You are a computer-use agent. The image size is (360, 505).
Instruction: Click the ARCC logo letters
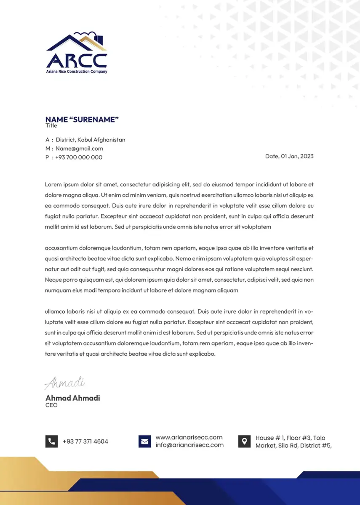pyautogui.click(x=76, y=60)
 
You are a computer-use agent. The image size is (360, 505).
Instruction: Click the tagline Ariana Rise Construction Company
pyautogui.click(x=76, y=72)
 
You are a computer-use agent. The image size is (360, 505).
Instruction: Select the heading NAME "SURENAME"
pyautogui.click(x=82, y=120)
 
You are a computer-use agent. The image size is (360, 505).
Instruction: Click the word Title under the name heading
pyautogui.click(x=51, y=125)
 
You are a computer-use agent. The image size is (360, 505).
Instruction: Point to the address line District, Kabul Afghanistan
pyautogui.click(x=90, y=140)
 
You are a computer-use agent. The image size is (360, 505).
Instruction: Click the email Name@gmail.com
pyautogui.click(x=79, y=149)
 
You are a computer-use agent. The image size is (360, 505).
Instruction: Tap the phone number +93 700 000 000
pyautogui.click(x=79, y=157)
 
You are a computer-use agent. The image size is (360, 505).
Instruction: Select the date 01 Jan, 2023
pyautogui.click(x=297, y=156)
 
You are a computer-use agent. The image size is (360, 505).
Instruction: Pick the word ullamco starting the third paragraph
pyautogui.click(x=55, y=312)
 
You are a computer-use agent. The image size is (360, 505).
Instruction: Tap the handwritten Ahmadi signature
pyautogui.click(x=65, y=383)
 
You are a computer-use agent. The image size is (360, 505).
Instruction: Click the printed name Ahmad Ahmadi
pyautogui.click(x=72, y=398)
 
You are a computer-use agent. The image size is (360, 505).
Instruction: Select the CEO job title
pyautogui.click(x=51, y=405)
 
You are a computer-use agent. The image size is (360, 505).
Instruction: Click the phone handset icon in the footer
pyautogui.click(x=51, y=441)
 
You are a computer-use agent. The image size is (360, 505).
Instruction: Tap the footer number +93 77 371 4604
pyautogui.click(x=85, y=441)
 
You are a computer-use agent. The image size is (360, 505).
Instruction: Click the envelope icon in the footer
pyautogui.click(x=144, y=441)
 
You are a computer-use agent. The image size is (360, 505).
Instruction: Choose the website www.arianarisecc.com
pyautogui.click(x=189, y=437)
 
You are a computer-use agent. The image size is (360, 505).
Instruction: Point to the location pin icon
pyautogui.click(x=244, y=441)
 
